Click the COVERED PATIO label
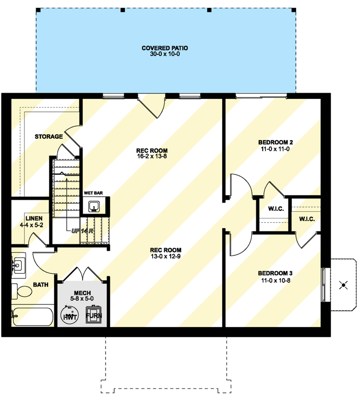pos(164,48)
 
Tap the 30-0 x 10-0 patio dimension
pos(164,54)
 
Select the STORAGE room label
pos(48,137)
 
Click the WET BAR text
pos(94,193)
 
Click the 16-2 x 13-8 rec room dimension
pos(152,157)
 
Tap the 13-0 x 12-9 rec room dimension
pos(166,256)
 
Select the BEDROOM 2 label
pos(276,142)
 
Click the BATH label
pos(41,285)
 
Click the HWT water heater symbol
pos(70,316)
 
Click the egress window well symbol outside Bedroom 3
pos(343,285)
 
